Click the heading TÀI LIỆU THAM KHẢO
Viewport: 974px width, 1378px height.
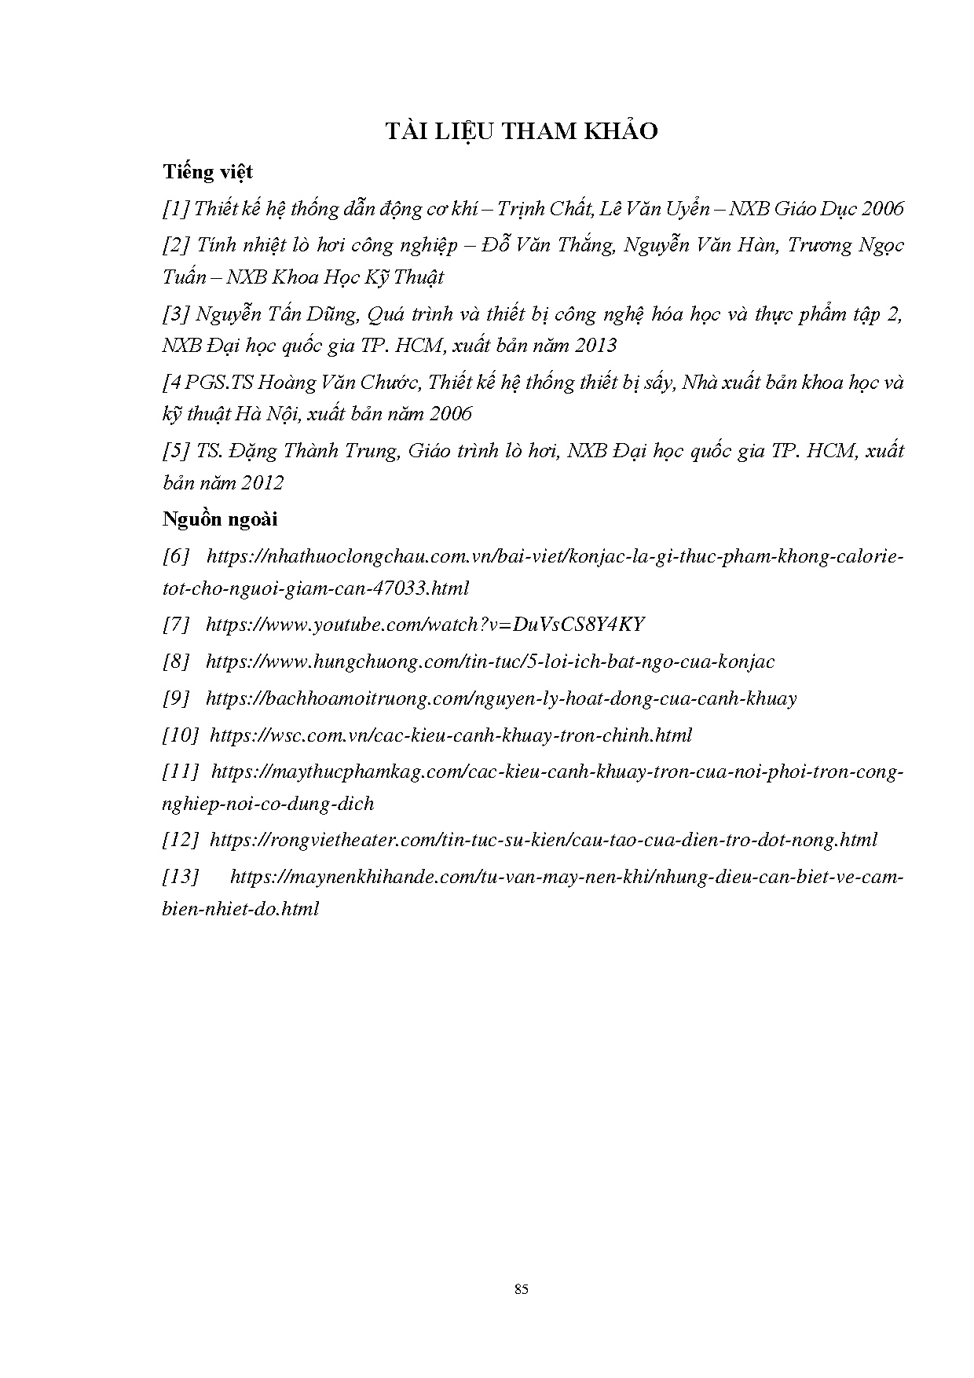click(x=521, y=131)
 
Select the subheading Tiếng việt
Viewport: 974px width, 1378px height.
click(x=207, y=171)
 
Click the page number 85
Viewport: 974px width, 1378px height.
click(x=521, y=1289)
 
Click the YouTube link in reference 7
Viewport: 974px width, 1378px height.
click(x=425, y=625)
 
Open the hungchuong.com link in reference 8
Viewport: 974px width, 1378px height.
click(x=490, y=662)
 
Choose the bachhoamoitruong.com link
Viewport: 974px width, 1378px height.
click(x=501, y=698)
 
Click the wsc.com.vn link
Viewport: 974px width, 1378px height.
click(x=452, y=735)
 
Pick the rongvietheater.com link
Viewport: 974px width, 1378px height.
click(x=544, y=840)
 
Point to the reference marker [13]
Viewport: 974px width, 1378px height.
click(x=181, y=877)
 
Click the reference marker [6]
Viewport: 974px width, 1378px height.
click(x=176, y=556)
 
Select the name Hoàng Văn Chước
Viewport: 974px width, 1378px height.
click(x=341, y=383)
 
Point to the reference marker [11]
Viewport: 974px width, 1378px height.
click(x=181, y=772)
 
